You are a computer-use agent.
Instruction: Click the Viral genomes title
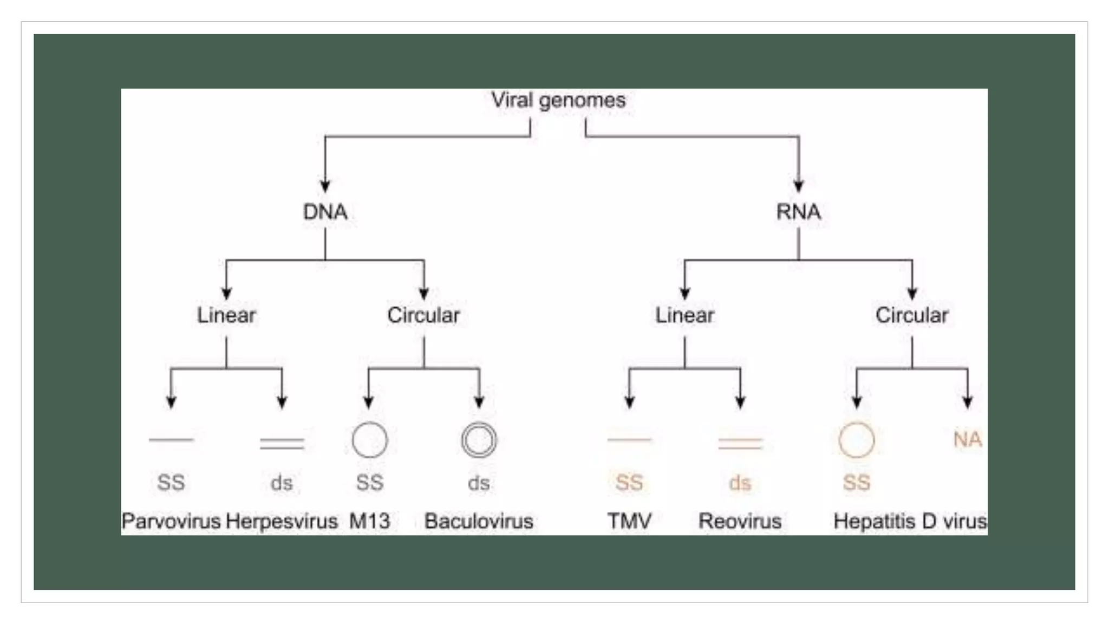point(558,100)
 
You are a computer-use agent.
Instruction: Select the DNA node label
point(325,212)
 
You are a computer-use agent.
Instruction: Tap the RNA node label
point(798,212)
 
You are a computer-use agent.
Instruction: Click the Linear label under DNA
point(226,315)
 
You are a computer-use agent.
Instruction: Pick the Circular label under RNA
point(911,315)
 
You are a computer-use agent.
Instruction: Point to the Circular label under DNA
point(423,315)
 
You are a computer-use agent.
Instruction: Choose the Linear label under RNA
point(684,315)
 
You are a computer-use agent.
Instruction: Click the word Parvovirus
point(171,521)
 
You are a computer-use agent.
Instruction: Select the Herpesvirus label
point(282,521)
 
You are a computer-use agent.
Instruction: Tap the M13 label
point(369,521)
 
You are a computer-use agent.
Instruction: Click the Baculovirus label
point(479,521)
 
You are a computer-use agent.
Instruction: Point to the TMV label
point(629,521)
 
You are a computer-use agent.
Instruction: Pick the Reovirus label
point(740,521)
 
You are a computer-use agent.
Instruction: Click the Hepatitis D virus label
point(910,521)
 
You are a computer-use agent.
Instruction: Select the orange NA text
point(967,439)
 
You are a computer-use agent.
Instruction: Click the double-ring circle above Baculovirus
point(479,440)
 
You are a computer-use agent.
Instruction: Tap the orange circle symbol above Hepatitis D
point(856,440)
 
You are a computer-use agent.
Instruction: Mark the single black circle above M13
point(369,440)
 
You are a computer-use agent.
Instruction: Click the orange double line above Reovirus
point(740,444)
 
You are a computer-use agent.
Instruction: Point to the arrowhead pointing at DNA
point(325,186)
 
